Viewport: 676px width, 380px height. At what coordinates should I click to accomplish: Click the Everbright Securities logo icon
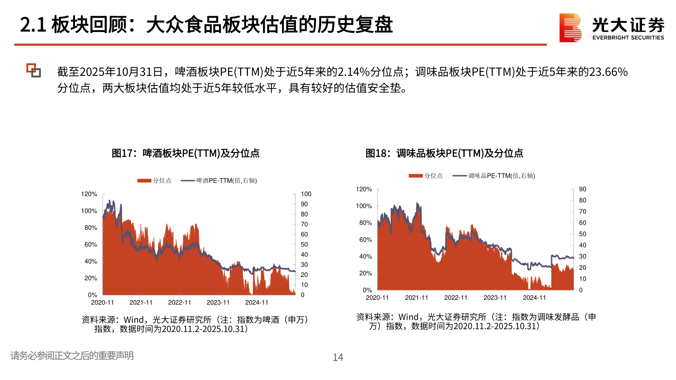[x=570, y=28]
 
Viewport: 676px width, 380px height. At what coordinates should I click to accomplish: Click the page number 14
[x=338, y=357]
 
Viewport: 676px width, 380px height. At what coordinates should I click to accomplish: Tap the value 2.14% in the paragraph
[x=353, y=72]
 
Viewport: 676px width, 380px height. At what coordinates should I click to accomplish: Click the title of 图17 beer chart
[x=185, y=153]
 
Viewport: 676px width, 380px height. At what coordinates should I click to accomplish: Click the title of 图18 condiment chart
[x=444, y=153]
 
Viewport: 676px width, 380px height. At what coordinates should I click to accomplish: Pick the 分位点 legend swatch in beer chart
[x=144, y=181]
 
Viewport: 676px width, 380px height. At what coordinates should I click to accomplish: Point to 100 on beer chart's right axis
[x=306, y=194]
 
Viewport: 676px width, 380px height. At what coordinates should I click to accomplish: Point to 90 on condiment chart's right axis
[x=582, y=189]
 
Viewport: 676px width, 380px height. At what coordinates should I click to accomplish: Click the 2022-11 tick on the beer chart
[x=180, y=303]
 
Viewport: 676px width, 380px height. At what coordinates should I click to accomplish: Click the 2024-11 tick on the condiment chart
[x=534, y=298]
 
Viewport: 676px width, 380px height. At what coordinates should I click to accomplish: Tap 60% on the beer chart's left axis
[x=90, y=245]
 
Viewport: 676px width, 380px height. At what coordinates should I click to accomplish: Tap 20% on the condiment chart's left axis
[x=365, y=273]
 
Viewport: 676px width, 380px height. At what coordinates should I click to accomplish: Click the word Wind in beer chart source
[x=133, y=320]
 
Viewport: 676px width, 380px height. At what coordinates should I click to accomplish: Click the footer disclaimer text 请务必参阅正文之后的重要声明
[x=72, y=356]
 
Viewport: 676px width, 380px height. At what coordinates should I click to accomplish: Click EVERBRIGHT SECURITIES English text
[x=628, y=38]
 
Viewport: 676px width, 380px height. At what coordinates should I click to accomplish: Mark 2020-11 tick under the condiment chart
[x=377, y=298]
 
